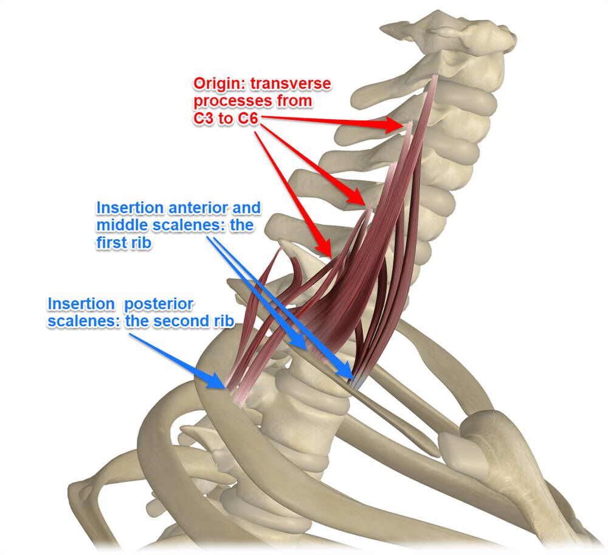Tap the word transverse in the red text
pyautogui.click(x=291, y=83)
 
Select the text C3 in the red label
pyautogui.click(x=203, y=118)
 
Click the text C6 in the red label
pyautogui.click(x=248, y=118)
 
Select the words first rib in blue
pyautogui.click(x=123, y=243)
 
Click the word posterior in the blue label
pyautogui.click(x=159, y=304)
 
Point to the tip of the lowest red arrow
pyautogui.click(x=330, y=257)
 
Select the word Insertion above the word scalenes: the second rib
pyautogui.click(x=81, y=304)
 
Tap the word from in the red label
pyautogui.click(x=294, y=100)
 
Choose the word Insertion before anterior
pyautogui.click(x=130, y=208)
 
